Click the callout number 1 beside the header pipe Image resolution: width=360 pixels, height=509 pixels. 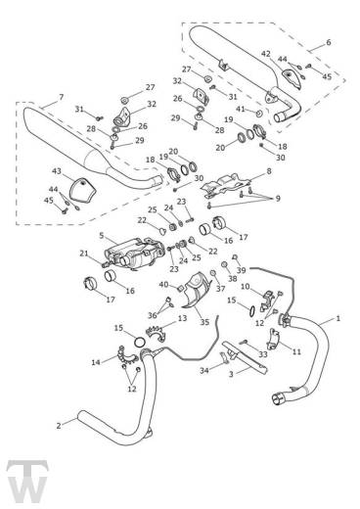tap(338, 318)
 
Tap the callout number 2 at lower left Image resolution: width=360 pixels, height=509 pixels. tap(59, 426)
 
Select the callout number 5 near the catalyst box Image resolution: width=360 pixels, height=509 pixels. tap(102, 235)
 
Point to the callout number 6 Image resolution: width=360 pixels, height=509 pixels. tap(329, 42)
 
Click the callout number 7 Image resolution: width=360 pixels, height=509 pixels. tap(61, 97)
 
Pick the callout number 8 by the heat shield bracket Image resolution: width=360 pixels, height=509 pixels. tap(269, 171)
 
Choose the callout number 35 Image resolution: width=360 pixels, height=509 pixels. tap(204, 322)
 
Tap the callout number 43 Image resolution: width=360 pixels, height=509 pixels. tap(57, 171)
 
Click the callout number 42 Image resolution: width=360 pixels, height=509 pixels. tap(266, 54)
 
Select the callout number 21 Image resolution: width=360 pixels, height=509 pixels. tap(84, 253)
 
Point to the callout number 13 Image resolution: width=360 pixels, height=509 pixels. tap(182, 318)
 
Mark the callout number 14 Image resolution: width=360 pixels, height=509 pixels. tap(96, 362)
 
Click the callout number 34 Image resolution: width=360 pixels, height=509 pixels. tap(204, 370)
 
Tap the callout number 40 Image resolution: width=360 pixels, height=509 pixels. tap(163, 285)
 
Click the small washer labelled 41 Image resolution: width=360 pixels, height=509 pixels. tap(260, 114)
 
